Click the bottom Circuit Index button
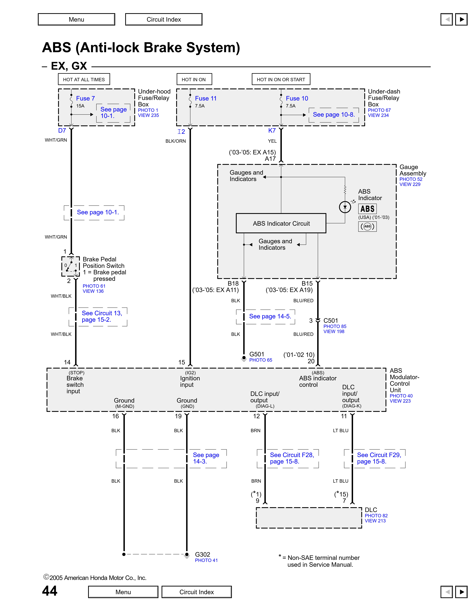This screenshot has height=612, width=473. click(196, 592)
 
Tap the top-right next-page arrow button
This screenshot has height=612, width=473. click(461, 19)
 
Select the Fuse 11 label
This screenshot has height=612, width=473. click(206, 98)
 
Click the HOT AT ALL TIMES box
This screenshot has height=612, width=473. click(84, 79)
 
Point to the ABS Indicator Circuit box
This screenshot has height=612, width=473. click(281, 223)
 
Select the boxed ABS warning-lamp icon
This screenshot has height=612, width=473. click(367, 209)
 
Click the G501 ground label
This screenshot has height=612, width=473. click(257, 354)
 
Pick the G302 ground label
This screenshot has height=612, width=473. click(202, 555)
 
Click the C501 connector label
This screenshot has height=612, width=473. click(331, 321)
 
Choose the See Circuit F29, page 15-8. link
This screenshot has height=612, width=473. click(379, 458)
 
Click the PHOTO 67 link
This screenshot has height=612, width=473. click(379, 110)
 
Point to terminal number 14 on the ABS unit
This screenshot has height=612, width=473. click(67, 362)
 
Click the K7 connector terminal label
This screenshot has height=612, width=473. click(272, 131)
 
